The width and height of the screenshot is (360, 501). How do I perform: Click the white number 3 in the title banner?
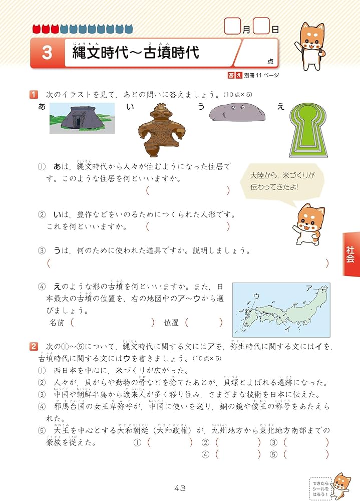pos(47,53)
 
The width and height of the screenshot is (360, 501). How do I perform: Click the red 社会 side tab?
pos(350,254)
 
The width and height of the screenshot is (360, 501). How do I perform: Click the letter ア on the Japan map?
pos(308,288)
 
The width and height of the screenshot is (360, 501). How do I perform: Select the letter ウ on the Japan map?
pos(256,297)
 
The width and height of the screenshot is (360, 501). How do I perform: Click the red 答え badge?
pos(235,75)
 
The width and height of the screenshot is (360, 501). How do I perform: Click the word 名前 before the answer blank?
pos(58,323)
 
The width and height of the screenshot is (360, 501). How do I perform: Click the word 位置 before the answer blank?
pos(171,323)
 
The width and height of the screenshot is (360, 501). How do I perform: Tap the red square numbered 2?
pos(34,346)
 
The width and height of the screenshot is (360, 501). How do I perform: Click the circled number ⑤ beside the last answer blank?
pos(273,454)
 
